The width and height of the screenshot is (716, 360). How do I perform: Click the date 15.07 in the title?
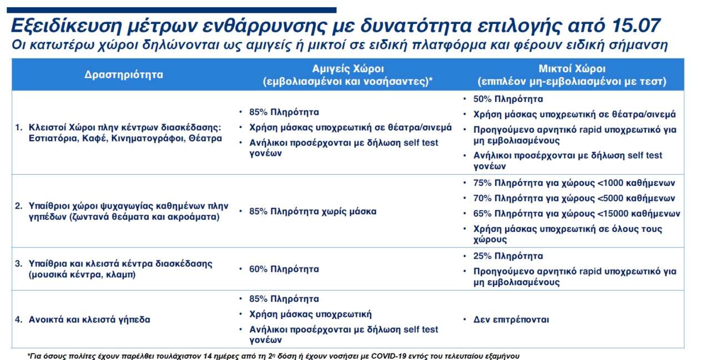[x=636, y=26]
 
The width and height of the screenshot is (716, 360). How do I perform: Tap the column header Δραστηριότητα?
[x=124, y=75]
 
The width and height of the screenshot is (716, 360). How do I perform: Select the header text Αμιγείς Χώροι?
[x=348, y=69]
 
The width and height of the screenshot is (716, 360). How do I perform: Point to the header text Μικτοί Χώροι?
[x=572, y=69]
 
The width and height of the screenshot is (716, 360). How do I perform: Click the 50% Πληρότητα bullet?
[x=508, y=99]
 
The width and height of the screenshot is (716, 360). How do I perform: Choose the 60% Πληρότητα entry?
[x=284, y=269]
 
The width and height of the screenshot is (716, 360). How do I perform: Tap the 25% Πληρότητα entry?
[x=508, y=256]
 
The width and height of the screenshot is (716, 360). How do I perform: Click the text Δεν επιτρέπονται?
[x=511, y=320]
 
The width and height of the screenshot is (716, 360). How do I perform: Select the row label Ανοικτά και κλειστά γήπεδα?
[x=89, y=320]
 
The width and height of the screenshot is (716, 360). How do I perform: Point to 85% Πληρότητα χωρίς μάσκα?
[x=312, y=211]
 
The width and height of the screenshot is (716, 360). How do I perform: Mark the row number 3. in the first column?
[x=18, y=264]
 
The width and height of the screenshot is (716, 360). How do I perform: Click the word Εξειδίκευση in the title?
[x=66, y=26]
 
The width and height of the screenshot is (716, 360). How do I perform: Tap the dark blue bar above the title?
[x=172, y=10]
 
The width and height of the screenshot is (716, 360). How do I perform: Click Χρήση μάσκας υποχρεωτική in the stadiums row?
[x=310, y=315]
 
